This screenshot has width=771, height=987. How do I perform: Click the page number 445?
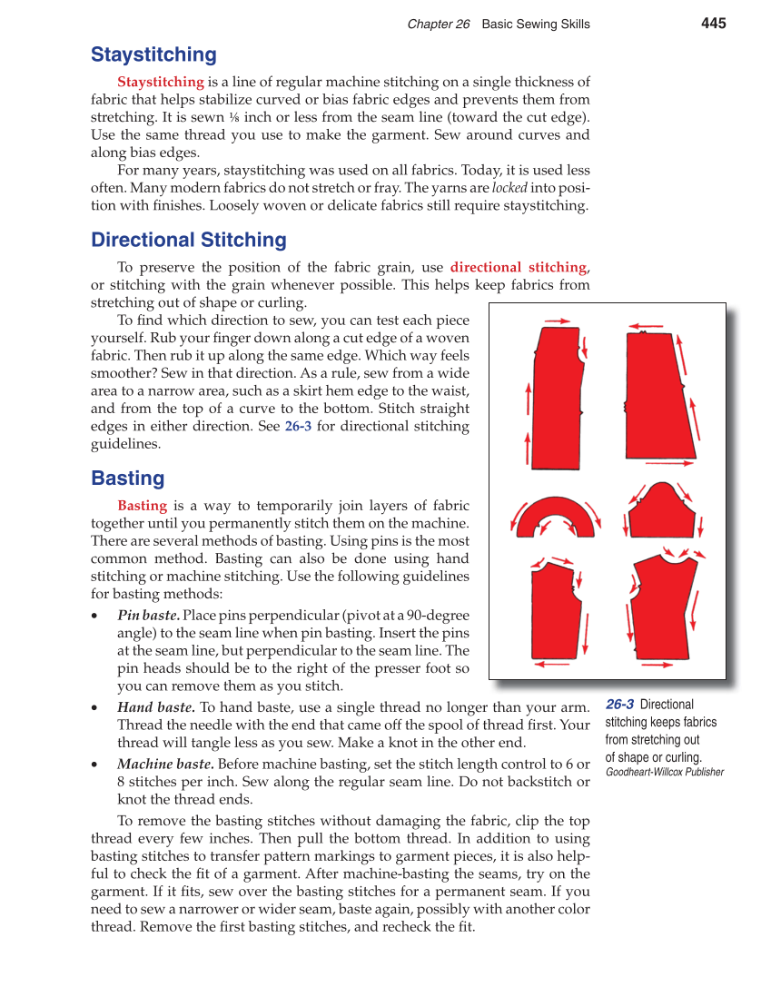[x=713, y=24]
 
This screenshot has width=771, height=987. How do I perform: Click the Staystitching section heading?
[x=153, y=54]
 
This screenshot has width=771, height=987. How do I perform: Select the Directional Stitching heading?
[x=188, y=240]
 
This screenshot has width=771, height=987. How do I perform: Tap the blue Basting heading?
[x=127, y=479]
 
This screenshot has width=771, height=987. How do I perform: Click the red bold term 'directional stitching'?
[x=519, y=267]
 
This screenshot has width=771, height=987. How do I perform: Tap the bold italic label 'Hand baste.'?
[x=155, y=707]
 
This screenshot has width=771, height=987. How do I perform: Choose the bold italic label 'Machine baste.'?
[x=166, y=764]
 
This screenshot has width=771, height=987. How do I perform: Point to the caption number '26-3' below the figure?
[x=619, y=705]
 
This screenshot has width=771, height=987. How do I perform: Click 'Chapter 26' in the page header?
[x=439, y=25]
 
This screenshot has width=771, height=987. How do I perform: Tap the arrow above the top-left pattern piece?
[x=558, y=321]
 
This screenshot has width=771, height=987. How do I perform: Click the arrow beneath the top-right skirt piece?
[x=675, y=463]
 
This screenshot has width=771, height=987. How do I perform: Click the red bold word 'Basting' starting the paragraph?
[x=142, y=506]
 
